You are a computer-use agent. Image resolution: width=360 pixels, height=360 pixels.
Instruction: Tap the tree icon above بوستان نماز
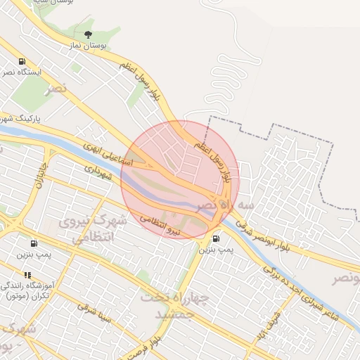click(x=88, y=34)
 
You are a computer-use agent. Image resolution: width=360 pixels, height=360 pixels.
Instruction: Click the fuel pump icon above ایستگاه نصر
click(x=22, y=61)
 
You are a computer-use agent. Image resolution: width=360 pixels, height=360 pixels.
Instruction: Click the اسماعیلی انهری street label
click(x=107, y=154)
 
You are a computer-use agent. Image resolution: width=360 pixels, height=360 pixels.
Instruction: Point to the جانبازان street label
click(x=40, y=175)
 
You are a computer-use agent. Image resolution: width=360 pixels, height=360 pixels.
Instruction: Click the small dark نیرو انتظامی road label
click(x=160, y=224)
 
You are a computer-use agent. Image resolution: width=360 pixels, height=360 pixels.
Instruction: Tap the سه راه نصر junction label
click(x=214, y=205)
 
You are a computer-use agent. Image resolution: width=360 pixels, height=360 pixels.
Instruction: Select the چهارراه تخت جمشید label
click(x=176, y=306)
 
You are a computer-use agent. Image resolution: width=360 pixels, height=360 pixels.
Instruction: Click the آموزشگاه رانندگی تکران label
click(x=27, y=291)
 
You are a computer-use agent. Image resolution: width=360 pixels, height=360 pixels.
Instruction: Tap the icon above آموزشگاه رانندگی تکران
click(x=27, y=275)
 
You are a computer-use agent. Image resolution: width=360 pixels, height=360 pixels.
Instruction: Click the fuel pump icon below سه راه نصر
click(x=214, y=238)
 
